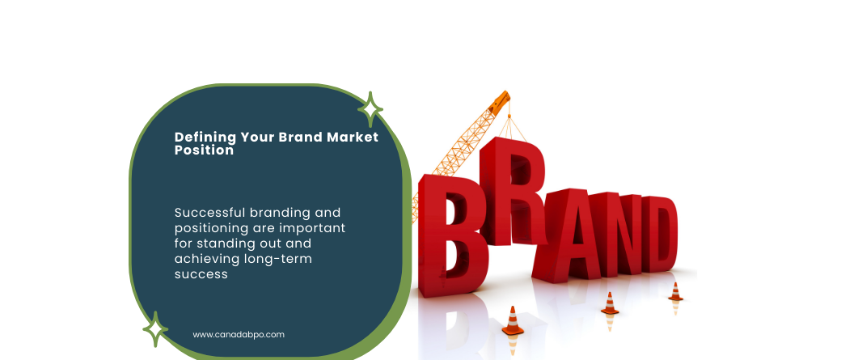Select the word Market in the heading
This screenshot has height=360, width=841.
tap(353, 137)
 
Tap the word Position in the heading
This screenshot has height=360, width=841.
tap(204, 150)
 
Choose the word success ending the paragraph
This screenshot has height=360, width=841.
tap(201, 275)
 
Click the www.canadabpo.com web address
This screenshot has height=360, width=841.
tap(239, 335)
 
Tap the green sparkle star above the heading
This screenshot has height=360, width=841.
tap(370, 109)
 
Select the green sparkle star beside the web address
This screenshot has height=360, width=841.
tap(155, 329)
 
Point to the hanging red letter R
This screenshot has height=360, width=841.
tap(512, 192)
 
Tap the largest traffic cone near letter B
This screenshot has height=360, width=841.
tap(513, 321)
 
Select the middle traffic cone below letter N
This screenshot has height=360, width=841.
tap(609, 303)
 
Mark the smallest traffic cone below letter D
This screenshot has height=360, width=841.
tap(675, 292)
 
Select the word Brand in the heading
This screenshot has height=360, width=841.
tap(300, 137)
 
